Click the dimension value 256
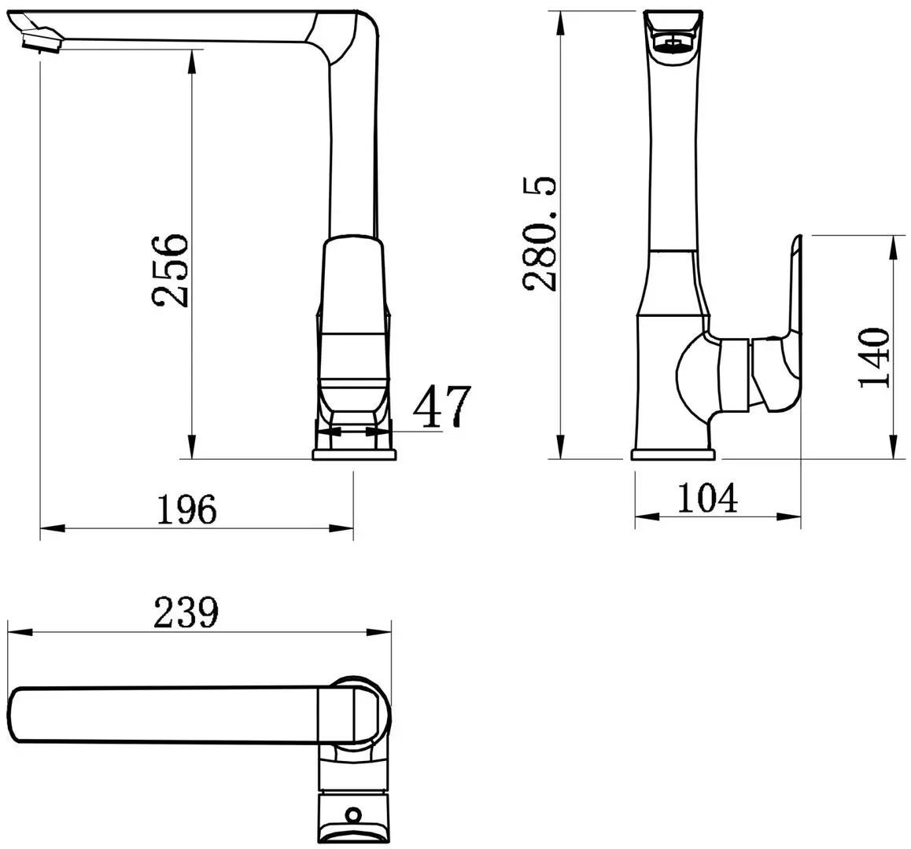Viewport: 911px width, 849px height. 171,270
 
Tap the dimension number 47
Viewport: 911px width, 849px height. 441,406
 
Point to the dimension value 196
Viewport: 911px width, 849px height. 186,510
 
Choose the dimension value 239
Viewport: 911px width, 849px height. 186,612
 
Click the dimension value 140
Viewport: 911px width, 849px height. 875,358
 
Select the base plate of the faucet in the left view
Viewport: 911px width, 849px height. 355,454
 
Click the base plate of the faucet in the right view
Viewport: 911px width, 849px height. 673,454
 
